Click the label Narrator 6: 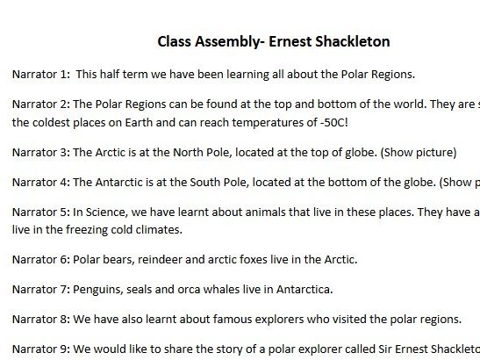(x=39, y=261)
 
